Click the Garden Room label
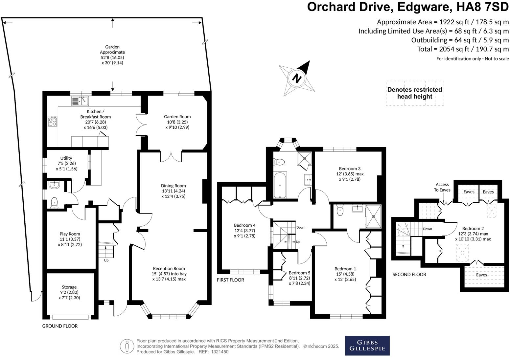coord(177,117)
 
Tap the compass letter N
coord(297,79)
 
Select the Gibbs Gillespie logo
coord(367,346)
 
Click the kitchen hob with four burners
coord(53,122)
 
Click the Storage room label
coord(69,287)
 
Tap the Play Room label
coord(70,234)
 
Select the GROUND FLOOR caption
coord(60,326)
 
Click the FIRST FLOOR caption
coord(230,280)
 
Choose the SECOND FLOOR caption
coord(409,275)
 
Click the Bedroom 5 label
coord(299,273)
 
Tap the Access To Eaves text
coord(442,187)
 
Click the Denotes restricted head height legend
coord(415,93)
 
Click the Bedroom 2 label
coord(473,228)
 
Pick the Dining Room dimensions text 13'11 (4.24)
coord(174,191)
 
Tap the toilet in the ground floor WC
coord(55,202)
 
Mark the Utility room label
coord(66,158)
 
